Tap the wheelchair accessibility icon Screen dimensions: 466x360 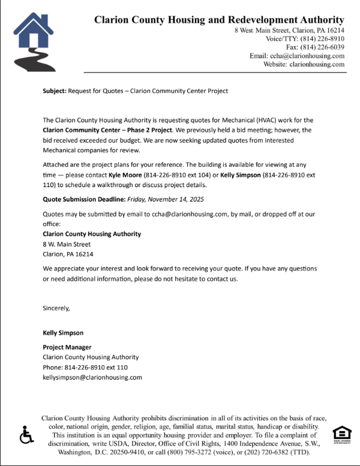26,435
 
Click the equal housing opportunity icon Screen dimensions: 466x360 341,434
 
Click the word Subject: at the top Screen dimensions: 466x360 55,91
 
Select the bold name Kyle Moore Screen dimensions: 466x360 125,174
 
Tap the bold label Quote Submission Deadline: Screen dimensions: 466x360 83,199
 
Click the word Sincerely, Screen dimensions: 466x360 56,308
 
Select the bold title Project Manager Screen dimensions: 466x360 67,347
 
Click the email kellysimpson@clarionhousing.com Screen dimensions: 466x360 92,377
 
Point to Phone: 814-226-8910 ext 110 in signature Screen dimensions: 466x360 85,367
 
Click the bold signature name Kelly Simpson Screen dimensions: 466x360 63,332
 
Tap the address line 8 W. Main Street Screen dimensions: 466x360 67,244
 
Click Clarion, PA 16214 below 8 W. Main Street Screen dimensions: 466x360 68,254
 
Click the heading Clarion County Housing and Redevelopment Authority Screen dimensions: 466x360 219,20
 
